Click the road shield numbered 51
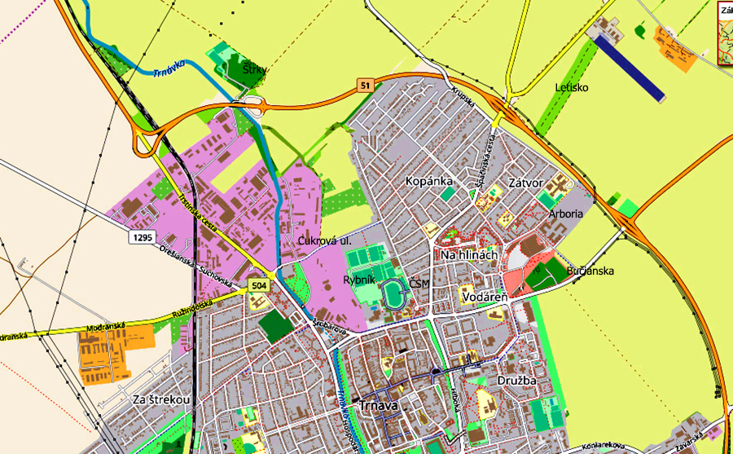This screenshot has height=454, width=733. click(365, 85)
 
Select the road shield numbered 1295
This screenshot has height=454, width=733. click(140, 236)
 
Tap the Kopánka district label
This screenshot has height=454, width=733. click(428, 181)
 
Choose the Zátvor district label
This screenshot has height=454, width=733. click(525, 183)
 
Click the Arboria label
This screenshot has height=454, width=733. click(566, 214)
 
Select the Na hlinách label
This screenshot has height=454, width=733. click(468, 255)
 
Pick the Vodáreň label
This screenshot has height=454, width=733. click(485, 298)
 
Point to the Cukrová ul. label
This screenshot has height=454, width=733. click(323, 241)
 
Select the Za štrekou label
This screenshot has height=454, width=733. click(161, 399)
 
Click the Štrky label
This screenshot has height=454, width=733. click(255, 70)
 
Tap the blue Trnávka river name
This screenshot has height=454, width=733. click(169, 68)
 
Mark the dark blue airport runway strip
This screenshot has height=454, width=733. click(631, 68)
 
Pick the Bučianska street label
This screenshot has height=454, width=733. click(590, 271)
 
